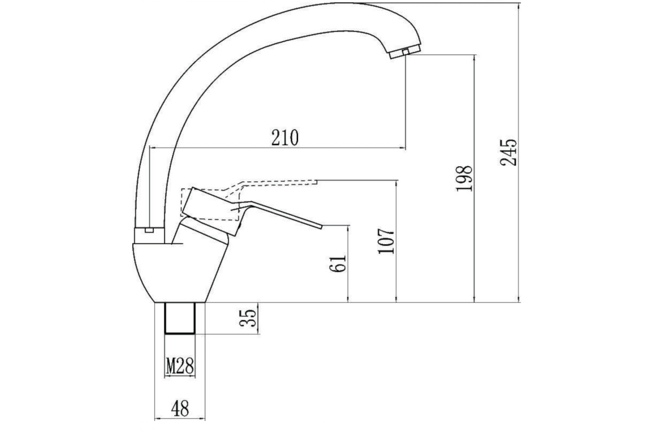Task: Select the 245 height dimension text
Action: pyautogui.click(x=509, y=152)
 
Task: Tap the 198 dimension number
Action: pyautogui.click(x=464, y=178)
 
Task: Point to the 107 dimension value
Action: pyautogui.click(x=386, y=241)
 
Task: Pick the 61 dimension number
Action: pyautogui.click(x=338, y=264)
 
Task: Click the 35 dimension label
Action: pyautogui.click(x=249, y=318)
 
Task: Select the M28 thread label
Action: pyautogui.click(x=180, y=366)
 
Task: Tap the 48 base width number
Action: pyautogui.click(x=180, y=408)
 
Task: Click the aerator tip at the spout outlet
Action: pyautogui.click(x=405, y=52)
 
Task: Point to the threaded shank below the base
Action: pyautogui.click(x=180, y=318)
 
